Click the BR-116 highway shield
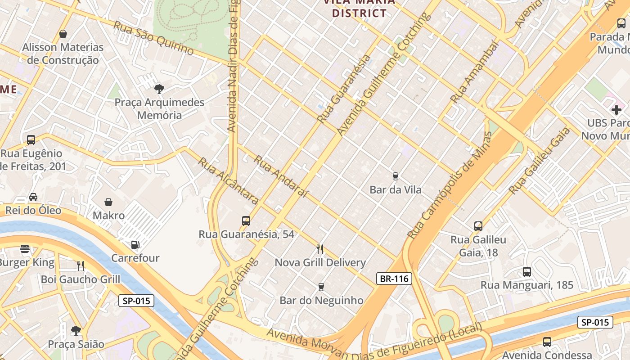coord(394,279)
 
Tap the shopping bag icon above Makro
coord(108,202)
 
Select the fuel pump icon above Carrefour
coord(135,245)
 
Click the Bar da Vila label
coord(396,190)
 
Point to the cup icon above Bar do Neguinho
coord(321,287)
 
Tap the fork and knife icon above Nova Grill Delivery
coord(320,249)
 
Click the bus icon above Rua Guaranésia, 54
coord(246,221)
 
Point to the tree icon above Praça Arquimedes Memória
coord(159,89)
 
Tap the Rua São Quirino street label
coord(153,38)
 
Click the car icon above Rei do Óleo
coord(33,197)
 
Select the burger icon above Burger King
coord(25,249)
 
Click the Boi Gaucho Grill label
coord(81,279)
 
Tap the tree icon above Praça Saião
coord(76,331)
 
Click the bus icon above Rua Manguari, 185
coord(527,272)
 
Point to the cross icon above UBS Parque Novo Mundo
coord(616,109)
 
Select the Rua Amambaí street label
coord(475,72)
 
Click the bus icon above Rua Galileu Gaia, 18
coord(478,226)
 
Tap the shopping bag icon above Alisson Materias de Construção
coord(63,34)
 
